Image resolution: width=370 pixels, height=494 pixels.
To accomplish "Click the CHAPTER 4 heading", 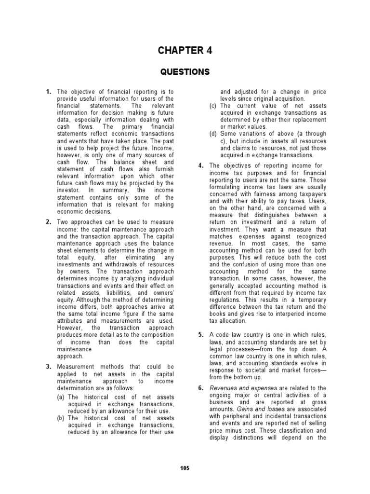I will coord(185,50).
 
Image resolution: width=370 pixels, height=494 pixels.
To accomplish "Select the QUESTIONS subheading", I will coord(185,72).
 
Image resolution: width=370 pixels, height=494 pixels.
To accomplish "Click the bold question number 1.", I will coord(49,91).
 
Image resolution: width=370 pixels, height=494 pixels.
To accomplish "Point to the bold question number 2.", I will coord(49,222).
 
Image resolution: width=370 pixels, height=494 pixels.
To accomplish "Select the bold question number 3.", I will coord(49,366).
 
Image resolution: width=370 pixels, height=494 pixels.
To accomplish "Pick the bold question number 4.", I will coord(201,166).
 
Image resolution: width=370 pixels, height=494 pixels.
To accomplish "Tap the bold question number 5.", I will coord(201,335).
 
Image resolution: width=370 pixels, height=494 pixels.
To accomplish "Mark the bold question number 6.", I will coord(201,388).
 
